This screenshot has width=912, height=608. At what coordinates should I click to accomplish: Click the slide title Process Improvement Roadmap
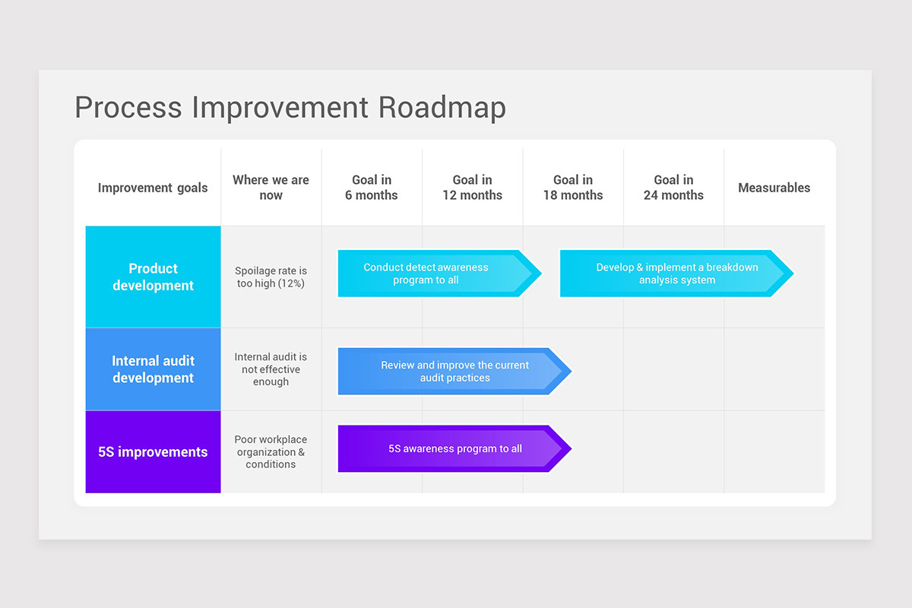point(290,107)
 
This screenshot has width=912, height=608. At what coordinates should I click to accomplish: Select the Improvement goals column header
point(153,188)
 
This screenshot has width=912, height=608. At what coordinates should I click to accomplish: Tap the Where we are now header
point(271,188)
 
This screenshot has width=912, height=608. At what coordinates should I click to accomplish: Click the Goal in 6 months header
point(372,188)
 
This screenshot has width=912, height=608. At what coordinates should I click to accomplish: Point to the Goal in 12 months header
point(472,188)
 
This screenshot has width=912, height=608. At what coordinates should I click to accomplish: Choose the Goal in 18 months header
point(573,188)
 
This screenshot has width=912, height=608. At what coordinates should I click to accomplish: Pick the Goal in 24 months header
point(673,188)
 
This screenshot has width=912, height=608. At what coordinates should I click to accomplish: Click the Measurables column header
point(774,188)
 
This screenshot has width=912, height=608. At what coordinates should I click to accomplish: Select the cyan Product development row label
point(153,277)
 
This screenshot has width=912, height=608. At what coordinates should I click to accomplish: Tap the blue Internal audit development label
point(153,369)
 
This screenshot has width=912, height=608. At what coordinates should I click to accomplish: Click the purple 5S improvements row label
point(153,452)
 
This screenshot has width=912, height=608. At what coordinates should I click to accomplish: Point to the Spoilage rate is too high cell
point(271,277)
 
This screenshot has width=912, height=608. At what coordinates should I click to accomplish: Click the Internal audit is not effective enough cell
point(271,369)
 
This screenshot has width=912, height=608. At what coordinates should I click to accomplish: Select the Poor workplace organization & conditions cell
point(271,452)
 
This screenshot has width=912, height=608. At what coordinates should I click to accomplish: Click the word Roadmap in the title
point(442,107)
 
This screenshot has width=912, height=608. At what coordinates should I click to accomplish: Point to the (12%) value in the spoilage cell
point(292,283)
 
